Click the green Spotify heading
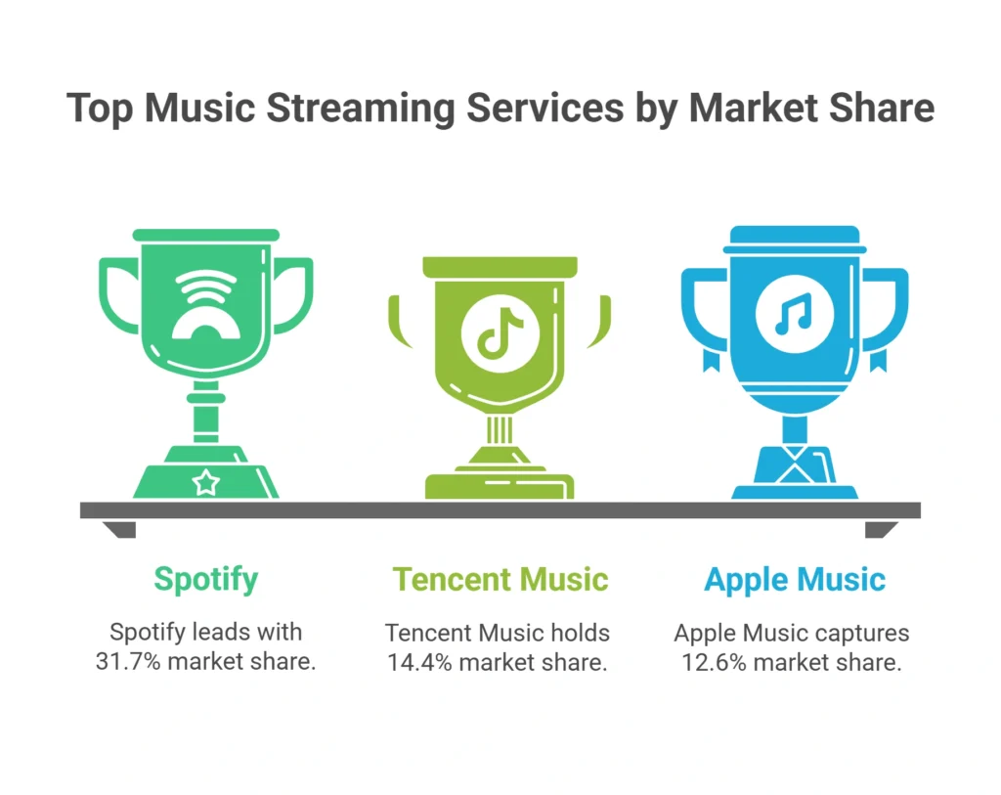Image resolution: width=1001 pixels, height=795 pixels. coord(205,579)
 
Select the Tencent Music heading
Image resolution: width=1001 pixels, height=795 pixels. coord(500,579)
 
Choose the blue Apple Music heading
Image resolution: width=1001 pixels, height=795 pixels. coord(794,579)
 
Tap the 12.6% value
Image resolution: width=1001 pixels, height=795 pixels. coord(714,661)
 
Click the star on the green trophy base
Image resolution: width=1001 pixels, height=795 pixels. coord(205,481)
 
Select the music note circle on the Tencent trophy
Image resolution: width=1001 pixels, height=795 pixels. coord(500,332)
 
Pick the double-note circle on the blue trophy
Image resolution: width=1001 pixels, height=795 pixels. coord(794,315)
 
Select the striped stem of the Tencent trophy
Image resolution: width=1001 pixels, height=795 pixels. coord(500,430)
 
